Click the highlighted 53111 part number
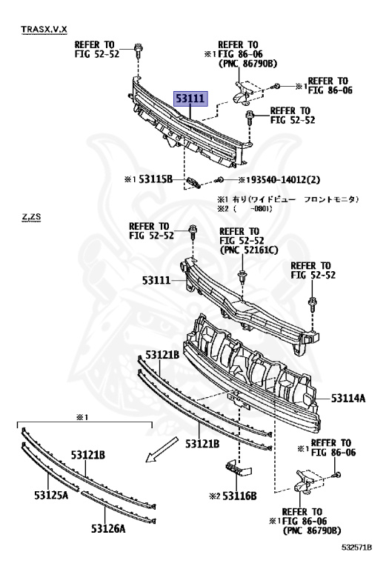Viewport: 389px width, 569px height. pyautogui.click(x=191, y=99)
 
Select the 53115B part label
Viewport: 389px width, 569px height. pyautogui.click(x=156, y=179)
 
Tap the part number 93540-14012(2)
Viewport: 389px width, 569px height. pyautogui.click(x=285, y=179)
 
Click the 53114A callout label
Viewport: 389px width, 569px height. pyautogui.click(x=348, y=399)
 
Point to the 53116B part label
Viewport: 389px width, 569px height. pyautogui.click(x=239, y=496)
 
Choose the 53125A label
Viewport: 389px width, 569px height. pyautogui.click(x=51, y=495)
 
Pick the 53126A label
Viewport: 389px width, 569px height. pyautogui.click(x=108, y=529)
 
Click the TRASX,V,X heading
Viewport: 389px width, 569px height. pyautogui.click(x=44, y=29)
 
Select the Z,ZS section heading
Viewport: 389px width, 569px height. pyautogui.click(x=31, y=217)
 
